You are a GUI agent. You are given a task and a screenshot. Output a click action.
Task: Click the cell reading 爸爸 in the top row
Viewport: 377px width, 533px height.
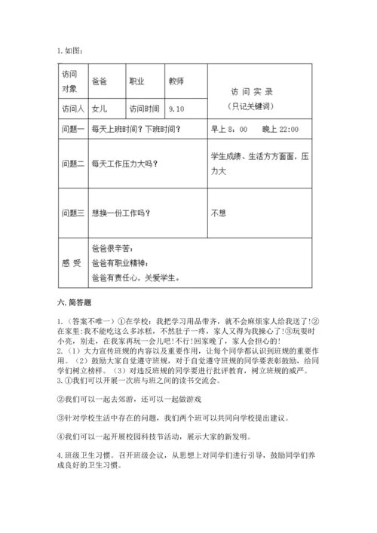pos(99,81)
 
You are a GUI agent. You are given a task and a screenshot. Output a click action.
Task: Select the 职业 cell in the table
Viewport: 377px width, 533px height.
pos(137,81)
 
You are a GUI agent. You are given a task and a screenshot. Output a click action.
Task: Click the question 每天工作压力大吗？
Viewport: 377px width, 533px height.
pos(125,163)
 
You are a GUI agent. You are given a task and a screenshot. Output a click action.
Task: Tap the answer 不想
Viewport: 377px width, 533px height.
pos(219,213)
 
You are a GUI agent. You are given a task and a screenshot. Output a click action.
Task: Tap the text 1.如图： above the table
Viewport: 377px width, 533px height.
pos(69,51)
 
